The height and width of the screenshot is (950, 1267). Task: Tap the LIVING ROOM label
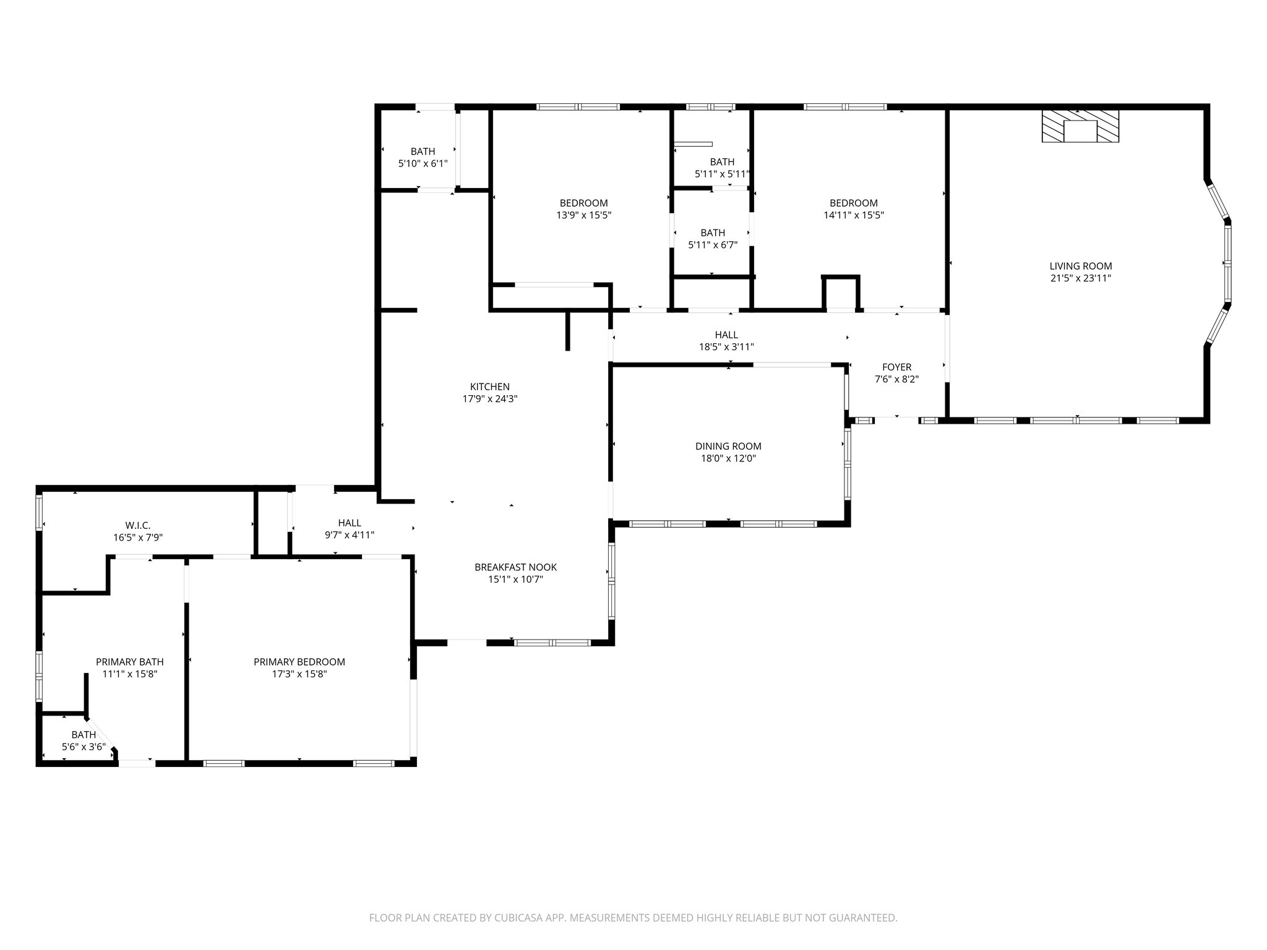[1080, 266]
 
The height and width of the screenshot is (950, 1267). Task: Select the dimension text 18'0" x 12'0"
[728, 458]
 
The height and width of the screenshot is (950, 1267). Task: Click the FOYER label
[896, 367]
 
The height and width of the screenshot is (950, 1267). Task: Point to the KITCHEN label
[490, 387]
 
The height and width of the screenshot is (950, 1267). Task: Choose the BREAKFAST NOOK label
[515, 567]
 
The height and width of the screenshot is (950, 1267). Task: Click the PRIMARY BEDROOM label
[299, 662]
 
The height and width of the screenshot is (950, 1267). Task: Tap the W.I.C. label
[137, 526]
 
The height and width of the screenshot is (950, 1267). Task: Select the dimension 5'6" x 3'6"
[84, 747]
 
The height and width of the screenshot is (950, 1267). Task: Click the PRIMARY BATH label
[130, 662]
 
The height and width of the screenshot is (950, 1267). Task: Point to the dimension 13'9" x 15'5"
[583, 215]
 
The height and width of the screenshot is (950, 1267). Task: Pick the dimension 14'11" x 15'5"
[854, 215]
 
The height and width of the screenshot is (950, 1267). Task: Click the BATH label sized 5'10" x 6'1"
[423, 152]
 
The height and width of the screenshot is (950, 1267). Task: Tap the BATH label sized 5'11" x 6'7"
[713, 233]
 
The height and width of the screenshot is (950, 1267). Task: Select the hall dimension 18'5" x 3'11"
[726, 348]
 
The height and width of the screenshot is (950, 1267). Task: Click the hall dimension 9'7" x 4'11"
[350, 535]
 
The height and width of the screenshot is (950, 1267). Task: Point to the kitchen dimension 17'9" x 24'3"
[490, 400]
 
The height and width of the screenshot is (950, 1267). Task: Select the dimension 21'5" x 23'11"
[1080, 278]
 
